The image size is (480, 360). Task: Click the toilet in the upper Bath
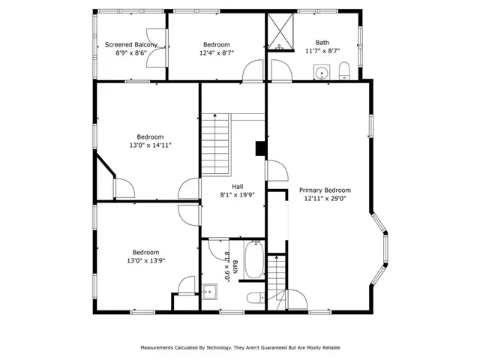click(344, 71)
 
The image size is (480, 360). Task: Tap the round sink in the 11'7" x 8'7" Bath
click(322, 73)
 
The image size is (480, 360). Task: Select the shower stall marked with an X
click(282, 32)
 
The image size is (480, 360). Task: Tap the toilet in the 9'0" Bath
click(255, 296)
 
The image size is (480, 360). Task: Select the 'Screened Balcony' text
click(131, 44)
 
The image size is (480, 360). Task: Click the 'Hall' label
click(237, 186)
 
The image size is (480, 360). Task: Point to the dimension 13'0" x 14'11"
click(150, 145)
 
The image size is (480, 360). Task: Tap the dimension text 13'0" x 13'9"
click(147, 261)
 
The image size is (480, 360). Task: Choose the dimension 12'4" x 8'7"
click(217, 53)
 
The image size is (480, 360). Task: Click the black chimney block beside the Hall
click(260, 149)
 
